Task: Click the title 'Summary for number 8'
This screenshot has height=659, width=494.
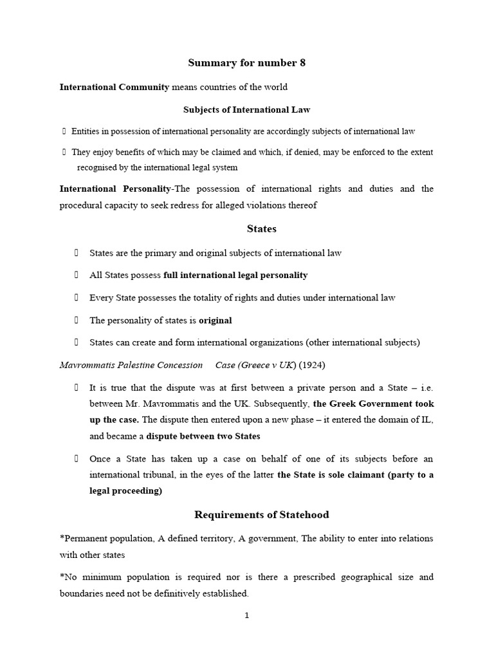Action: tap(246, 62)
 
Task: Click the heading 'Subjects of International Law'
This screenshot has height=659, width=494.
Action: tap(246, 109)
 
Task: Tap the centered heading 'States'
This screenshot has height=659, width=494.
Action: tap(262, 228)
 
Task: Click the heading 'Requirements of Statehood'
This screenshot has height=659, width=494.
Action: tap(261, 514)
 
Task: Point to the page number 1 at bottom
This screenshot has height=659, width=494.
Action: tap(246, 615)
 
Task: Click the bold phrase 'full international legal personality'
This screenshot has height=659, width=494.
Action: tap(235, 275)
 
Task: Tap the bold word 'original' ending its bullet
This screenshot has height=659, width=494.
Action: tap(215, 320)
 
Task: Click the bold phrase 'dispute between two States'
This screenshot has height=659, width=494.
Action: tap(203, 436)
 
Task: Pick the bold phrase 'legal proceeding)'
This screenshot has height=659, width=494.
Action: tap(126, 490)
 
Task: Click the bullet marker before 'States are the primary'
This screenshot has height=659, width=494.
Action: tap(76, 253)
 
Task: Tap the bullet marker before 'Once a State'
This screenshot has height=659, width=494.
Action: tap(76, 459)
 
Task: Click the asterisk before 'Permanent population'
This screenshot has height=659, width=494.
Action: tap(62, 538)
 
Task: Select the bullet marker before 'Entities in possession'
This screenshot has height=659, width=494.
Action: tap(64, 131)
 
